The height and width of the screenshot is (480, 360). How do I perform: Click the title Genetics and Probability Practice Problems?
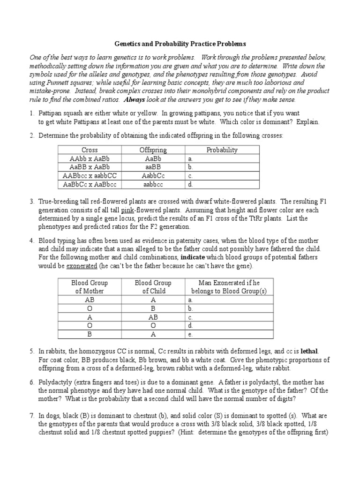tap(180, 44)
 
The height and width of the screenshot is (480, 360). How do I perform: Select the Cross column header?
tap(90, 150)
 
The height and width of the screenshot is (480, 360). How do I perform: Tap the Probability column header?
tap(222, 150)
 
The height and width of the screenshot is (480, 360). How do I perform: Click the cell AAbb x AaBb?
tap(90, 159)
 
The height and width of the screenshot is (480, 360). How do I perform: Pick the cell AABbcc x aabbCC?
tap(90, 176)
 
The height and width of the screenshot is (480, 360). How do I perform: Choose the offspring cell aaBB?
tap(153, 167)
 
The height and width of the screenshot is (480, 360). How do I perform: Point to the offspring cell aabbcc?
tap(153, 184)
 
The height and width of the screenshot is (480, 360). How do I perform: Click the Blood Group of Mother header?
tap(89, 287)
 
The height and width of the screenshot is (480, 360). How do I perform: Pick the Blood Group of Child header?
tap(153, 287)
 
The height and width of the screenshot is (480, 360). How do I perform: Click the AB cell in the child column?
tap(153, 317)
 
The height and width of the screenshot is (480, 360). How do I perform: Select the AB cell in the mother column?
tap(89, 300)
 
